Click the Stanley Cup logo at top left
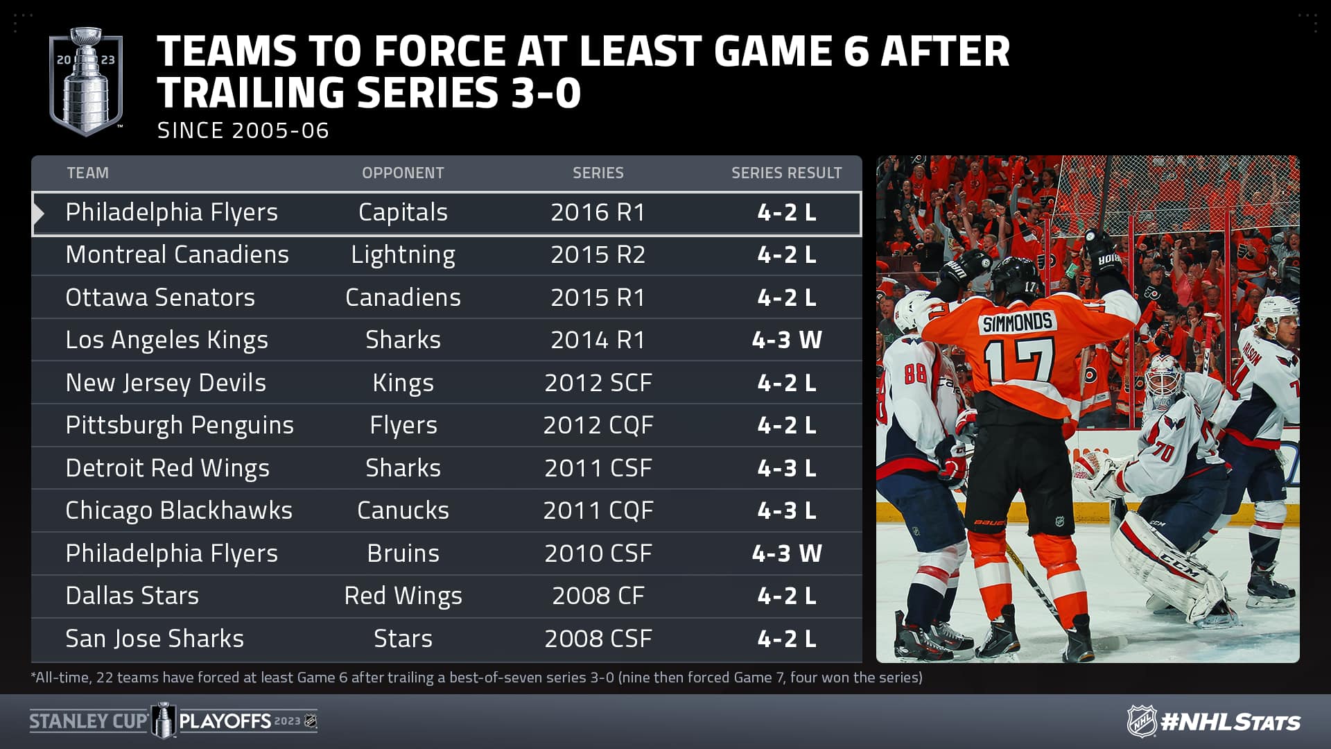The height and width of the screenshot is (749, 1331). click(x=86, y=81)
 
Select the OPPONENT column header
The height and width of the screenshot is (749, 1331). click(x=403, y=173)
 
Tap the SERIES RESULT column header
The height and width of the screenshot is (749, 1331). click(x=787, y=173)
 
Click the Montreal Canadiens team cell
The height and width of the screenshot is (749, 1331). click(x=177, y=255)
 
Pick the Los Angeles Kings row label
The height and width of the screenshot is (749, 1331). click(x=166, y=340)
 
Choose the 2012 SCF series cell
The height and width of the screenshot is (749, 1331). click(x=598, y=383)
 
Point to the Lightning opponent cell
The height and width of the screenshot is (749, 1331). click(x=403, y=255)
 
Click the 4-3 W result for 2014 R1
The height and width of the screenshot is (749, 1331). click(x=787, y=340)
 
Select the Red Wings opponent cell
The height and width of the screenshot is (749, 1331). click(x=403, y=596)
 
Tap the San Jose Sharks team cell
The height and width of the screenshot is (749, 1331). click(x=155, y=639)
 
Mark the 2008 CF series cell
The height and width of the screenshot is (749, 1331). click(x=598, y=596)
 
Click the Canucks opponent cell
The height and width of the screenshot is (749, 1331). click(x=403, y=510)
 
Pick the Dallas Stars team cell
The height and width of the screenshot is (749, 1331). click(x=132, y=596)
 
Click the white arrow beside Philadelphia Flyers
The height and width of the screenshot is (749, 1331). click(x=39, y=214)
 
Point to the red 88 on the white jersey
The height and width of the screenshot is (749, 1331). click(x=915, y=373)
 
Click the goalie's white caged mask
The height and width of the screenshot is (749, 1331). click(x=1164, y=381)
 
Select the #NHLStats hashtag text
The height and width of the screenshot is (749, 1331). click(x=1230, y=722)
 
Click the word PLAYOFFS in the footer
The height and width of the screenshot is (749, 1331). click(x=225, y=721)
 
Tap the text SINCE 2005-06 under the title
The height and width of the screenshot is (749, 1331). click(x=243, y=130)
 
